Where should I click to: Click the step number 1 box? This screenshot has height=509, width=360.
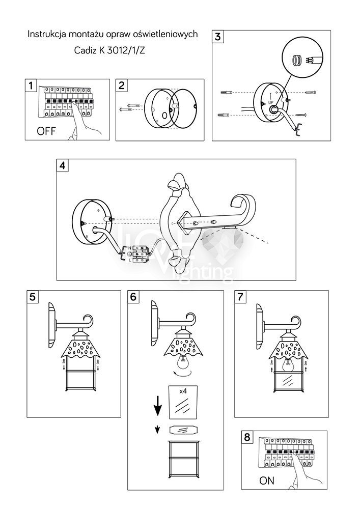pyautogui.click(x=32, y=85)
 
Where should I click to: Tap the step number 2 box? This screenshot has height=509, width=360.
pyautogui.click(x=122, y=85)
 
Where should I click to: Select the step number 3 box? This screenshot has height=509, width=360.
pyautogui.click(x=218, y=36)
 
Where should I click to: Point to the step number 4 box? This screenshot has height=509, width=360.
pyautogui.click(x=63, y=165)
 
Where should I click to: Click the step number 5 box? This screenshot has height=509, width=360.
pyautogui.click(x=33, y=297)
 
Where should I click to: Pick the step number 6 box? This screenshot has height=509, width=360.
pyautogui.click(x=133, y=297)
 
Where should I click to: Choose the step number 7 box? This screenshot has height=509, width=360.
pyautogui.click(x=241, y=297)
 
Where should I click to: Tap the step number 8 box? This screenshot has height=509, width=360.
pyautogui.click(x=247, y=437)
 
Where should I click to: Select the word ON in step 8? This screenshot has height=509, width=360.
pyautogui.click(x=267, y=480)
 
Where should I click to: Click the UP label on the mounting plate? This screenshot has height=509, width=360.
pyautogui.click(x=270, y=102)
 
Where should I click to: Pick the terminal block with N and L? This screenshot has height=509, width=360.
pyautogui.click(x=137, y=253)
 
